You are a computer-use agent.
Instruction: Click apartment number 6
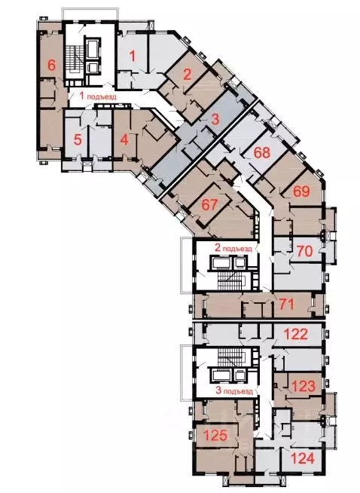[x=52, y=65]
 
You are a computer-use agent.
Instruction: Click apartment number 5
[x=77, y=139]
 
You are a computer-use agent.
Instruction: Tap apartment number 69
[x=301, y=191]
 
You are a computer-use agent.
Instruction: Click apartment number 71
[x=286, y=305]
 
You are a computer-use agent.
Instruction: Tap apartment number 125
[x=215, y=434]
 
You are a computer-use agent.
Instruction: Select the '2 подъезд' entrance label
[x=233, y=246]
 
